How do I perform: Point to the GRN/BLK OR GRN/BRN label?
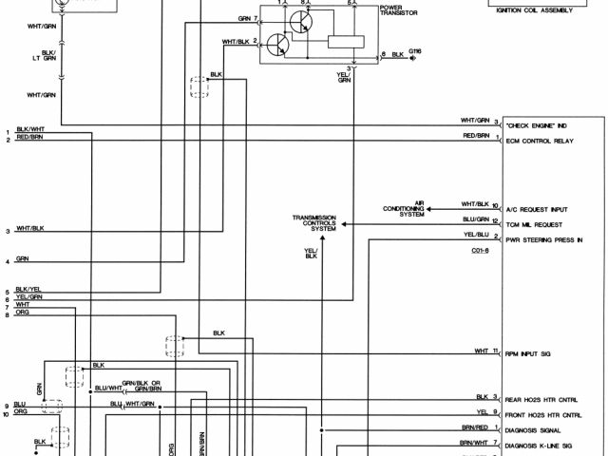point(156,385)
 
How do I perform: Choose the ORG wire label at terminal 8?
point(23,313)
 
